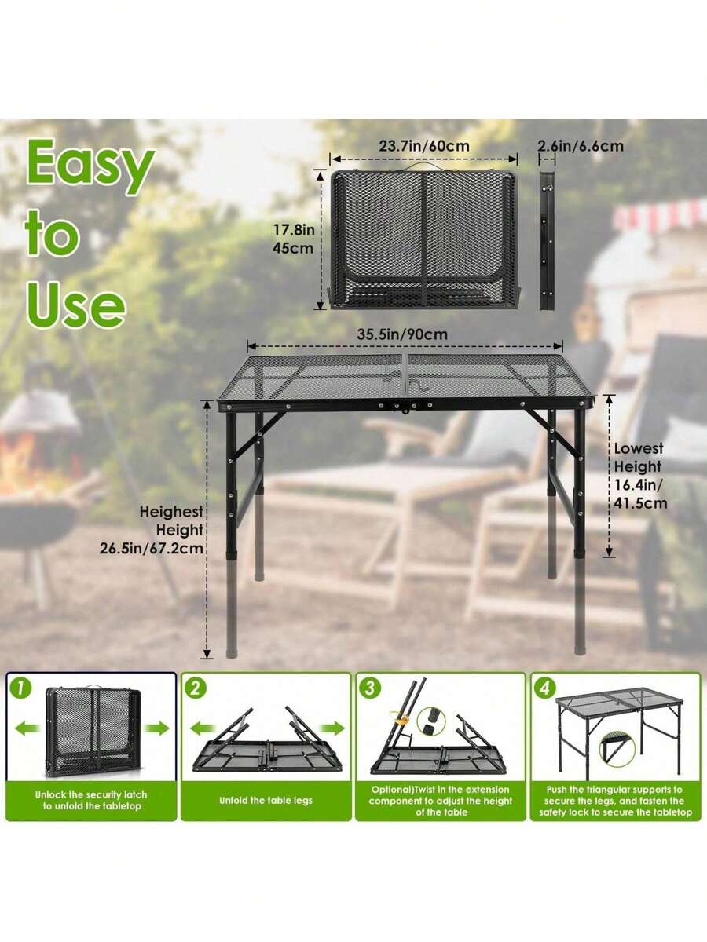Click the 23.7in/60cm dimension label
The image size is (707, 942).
[x=424, y=146]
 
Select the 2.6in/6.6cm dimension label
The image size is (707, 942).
[x=581, y=146]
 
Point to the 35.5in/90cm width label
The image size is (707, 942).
[x=402, y=334]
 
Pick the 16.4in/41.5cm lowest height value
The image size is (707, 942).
[x=639, y=493]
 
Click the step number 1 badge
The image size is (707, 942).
[x=21, y=688]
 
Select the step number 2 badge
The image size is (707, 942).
[x=196, y=688]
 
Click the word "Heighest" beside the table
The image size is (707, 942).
[x=171, y=512]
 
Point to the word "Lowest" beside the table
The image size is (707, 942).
[x=639, y=449]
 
